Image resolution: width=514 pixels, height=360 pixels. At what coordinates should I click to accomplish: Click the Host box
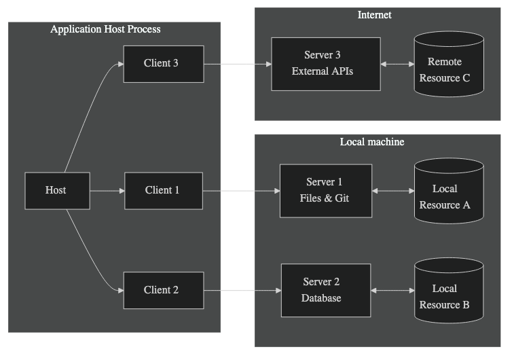(x=56, y=190)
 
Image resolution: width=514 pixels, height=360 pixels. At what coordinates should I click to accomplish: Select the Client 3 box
(x=163, y=64)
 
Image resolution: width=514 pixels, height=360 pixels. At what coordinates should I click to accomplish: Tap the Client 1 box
(x=163, y=190)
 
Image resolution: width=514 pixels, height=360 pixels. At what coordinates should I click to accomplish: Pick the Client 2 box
(x=163, y=290)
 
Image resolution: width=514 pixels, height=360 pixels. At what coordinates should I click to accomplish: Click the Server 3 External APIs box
(x=325, y=63)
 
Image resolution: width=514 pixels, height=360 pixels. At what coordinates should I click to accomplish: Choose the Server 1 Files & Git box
(x=325, y=190)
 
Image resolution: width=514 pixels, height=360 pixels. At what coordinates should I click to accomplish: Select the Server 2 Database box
(x=325, y=290)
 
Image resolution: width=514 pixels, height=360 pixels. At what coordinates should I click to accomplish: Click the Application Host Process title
(x=105, y=30)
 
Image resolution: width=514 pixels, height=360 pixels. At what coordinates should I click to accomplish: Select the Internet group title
(x=375, y=15)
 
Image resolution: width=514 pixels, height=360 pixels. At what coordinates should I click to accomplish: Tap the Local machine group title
(x=372, y=142)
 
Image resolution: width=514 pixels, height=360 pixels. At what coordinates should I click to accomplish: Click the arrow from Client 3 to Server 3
(x=238, y=65)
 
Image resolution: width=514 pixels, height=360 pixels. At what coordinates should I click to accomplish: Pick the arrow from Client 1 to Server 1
(x=241, y=191)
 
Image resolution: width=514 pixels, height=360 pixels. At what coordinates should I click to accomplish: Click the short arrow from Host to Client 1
(x=107, y=191)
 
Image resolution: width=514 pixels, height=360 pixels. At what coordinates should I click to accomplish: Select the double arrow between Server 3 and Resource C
(x=397, y=65)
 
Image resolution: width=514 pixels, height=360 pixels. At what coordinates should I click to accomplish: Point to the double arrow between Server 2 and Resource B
(x=392, y=291)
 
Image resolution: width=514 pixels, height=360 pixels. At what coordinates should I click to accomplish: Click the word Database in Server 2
(x=322, y=298)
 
